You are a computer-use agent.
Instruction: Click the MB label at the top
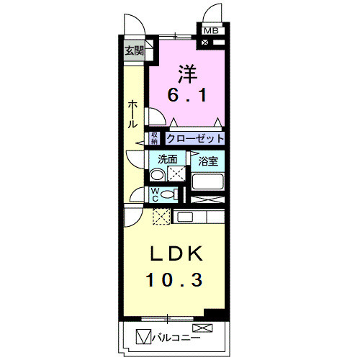point(212,30)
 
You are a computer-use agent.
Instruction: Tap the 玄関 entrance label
point(133,50)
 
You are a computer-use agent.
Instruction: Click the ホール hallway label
point(133,114)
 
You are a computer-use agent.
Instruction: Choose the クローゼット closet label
point(195,138)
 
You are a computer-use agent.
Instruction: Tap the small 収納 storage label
point(154,138)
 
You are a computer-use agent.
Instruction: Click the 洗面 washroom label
point(168,158)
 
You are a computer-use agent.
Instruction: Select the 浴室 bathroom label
point(209,159)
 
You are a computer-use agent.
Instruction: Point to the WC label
point(155,194)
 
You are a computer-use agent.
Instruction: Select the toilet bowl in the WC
point(169,194)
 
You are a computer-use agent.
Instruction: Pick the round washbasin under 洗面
point(157,174)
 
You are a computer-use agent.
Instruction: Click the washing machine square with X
point(175,174)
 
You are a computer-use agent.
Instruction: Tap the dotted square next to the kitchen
point(162,216)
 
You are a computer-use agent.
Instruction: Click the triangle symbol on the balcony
point(143,336)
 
